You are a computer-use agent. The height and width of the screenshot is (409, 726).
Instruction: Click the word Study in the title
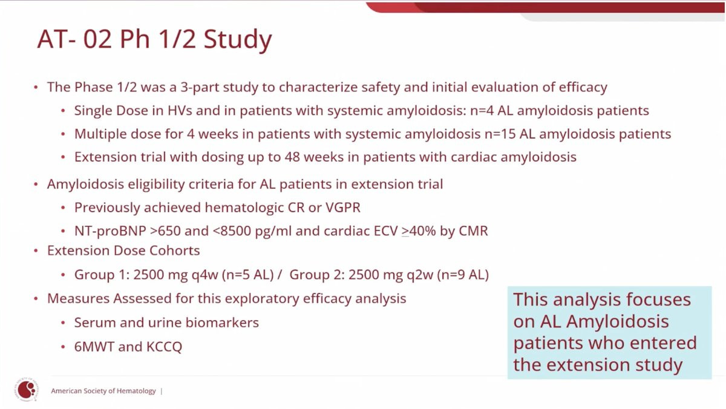[x=238, y=39]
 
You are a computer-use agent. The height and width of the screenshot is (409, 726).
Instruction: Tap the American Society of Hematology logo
[x=27, y=389]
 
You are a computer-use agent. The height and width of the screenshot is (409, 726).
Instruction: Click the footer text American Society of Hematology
[x=103, y=391]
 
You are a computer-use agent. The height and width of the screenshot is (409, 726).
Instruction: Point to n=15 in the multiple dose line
[x=500, y=134]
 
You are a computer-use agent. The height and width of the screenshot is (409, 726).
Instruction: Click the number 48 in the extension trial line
[x=292, y=157]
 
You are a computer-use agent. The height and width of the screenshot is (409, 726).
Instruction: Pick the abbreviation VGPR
[x=343, y=208]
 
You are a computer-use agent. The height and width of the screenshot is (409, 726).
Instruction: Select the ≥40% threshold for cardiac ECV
[x=419, y=231]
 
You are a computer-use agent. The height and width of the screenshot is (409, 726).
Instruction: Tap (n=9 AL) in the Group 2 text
[x=463, y=275]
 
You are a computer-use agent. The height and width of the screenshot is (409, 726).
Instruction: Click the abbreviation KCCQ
[x=165, y=347]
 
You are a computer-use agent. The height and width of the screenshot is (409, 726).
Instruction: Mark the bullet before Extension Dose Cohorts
[x=36, y=251]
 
